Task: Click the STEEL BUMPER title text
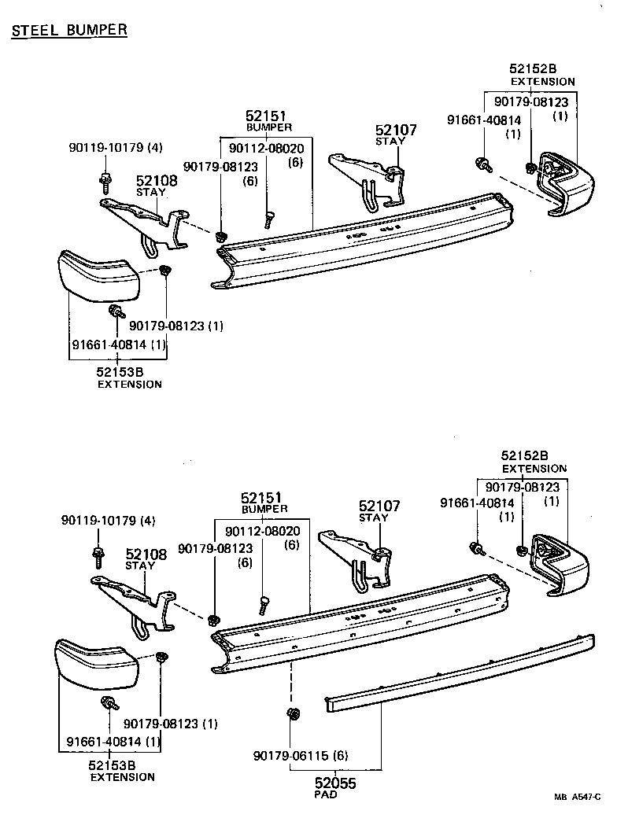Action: point(69,30)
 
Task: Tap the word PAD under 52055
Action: point(325,794)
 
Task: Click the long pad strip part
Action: point(456,669)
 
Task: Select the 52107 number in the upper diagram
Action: point(396,131)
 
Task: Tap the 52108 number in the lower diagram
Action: point(146,555)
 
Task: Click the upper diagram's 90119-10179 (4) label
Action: point(116,148)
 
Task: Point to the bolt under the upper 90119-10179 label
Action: point(104,181)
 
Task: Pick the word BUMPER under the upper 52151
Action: point(269,127)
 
